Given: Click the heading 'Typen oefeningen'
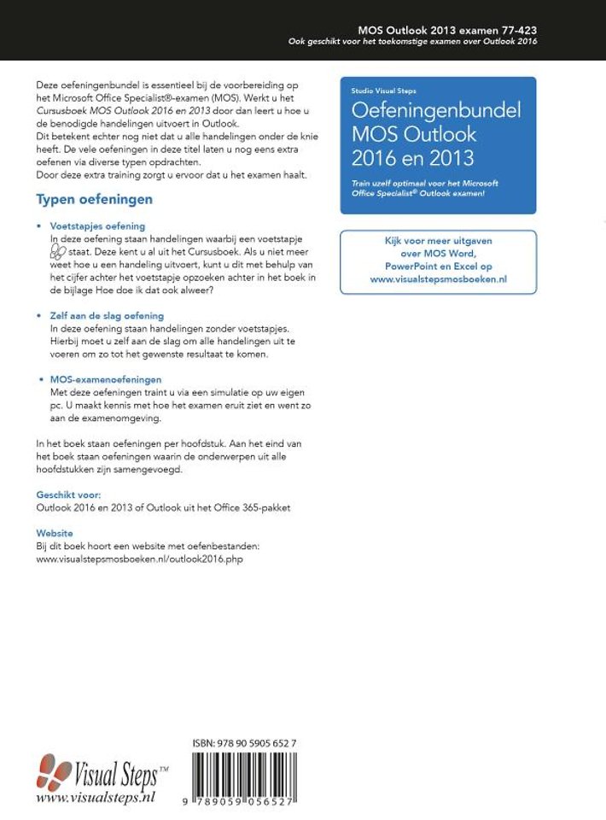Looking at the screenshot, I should pos(94,199).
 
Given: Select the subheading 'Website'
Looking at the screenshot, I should pos(55,533).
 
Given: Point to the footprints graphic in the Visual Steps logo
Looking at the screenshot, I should pos(55,772).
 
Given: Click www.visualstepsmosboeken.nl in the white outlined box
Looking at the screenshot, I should pos(438,278).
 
